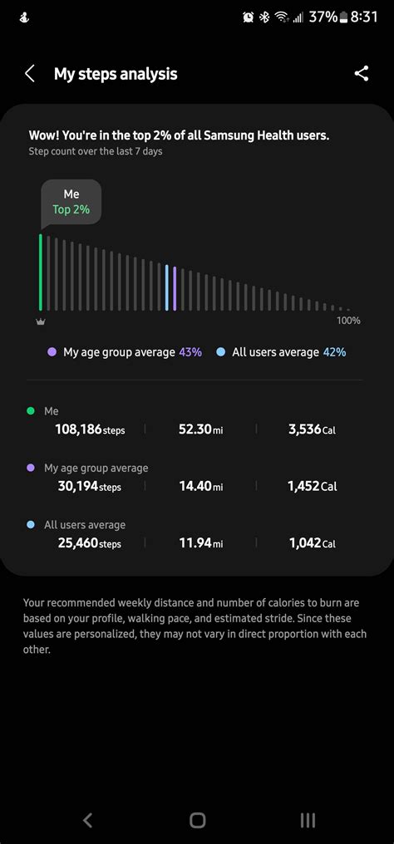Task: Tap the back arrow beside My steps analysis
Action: click(x=30, y=74)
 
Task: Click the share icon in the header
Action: click(x=361, y=74)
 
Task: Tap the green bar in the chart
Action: click(x=40, y=272)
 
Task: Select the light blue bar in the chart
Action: click(x=167, y=288)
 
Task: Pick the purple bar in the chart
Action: click(x=175, y=288)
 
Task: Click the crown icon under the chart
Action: click(x=40, y=321)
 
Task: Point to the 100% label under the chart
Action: click(x=348, y=321)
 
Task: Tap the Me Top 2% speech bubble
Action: click(x=71, y=202)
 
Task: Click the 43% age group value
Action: click(x=190, y=352)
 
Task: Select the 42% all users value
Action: click(x=334, y=352)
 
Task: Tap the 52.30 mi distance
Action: click(x=200, y=429)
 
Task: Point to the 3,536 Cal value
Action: click(x=312, y=429)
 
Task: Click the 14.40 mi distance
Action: click(x=200, y=486)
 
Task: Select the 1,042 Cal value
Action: click(x=312, y=543)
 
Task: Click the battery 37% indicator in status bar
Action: click(x=328, y=17)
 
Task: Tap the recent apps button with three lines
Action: click(x=308, y=821)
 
